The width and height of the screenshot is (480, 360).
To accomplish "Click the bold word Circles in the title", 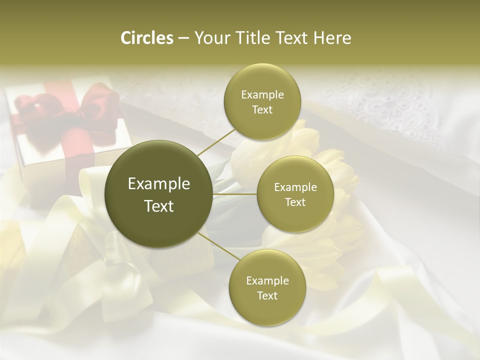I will click(x=147, y=38).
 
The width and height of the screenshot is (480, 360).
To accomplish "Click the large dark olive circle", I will click(x=158, y=194).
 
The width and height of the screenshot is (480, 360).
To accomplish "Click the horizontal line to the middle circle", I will click(x=235, y=194).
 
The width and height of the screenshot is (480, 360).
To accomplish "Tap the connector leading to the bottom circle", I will click(x=217, y=247).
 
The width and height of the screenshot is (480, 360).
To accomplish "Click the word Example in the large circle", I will click(x=159, y=184).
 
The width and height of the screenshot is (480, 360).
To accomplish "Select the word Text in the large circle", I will click(x=159, y=206).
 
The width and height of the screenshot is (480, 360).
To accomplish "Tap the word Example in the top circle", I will click(x=262, y=95).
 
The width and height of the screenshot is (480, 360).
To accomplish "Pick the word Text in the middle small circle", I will click(x=295, y=202).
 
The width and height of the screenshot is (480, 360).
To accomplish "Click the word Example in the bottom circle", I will click(x=267, y=280).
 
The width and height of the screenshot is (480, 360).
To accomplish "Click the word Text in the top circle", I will click(x=262, y=109).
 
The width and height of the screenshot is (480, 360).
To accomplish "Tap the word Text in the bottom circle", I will click(x=267, y=295).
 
